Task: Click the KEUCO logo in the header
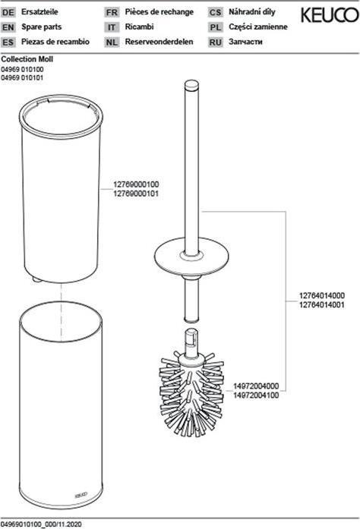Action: point(330,15)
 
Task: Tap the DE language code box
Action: point(8,12)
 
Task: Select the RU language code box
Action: point(215,43)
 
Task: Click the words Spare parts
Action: point(42,27)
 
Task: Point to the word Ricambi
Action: point(139,27)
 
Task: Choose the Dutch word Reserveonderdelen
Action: point(159,42)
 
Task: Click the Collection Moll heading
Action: point(27,59)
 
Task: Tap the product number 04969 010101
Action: point(22,77)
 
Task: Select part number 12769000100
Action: point(136,184)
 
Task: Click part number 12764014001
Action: point(322,304)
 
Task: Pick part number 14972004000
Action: point(256,386)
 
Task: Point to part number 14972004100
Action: point(256,395)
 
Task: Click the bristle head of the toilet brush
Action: point(191,393)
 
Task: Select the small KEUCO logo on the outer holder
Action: point(81,494)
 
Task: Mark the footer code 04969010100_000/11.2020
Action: point(41,524)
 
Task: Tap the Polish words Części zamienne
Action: point(258,27)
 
